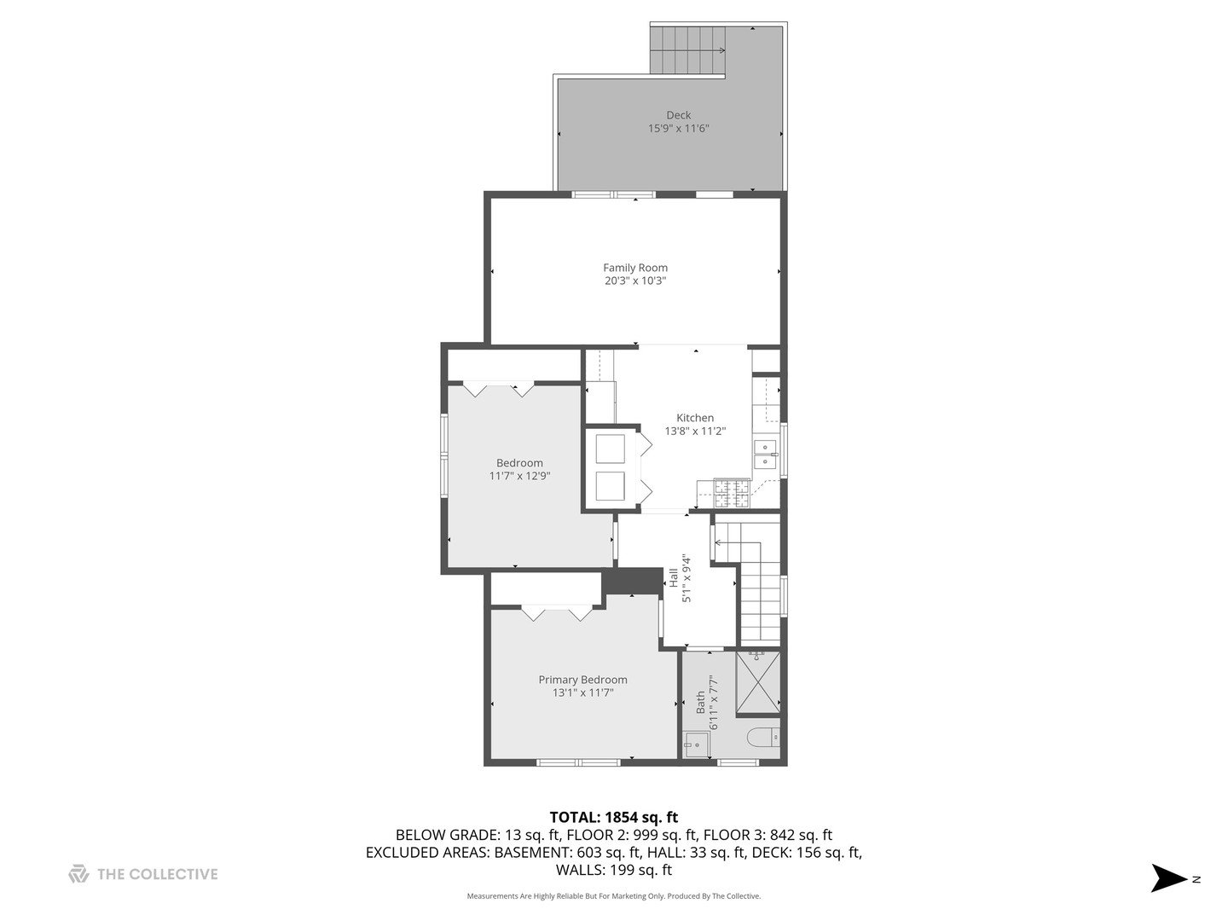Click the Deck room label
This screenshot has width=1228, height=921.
[678, 115]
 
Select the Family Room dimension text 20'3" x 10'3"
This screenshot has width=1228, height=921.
[635, 281]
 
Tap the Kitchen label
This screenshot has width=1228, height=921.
[695, 418]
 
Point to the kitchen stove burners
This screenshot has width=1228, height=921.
[732, 493]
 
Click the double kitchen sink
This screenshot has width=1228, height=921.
[765, 454]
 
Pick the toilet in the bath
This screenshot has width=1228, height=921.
[763, 737]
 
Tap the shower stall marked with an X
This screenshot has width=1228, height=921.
[757, 683]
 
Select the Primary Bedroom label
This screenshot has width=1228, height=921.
[582, 680]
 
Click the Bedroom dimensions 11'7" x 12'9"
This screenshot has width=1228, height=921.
[519, 476]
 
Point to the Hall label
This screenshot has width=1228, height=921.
[674, 577]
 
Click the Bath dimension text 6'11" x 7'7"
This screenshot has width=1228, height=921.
[713, 703]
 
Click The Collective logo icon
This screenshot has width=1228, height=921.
[79, 873]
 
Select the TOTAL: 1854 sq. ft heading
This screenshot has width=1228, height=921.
[614, 817]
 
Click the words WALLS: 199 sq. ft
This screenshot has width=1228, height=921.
[614, 870]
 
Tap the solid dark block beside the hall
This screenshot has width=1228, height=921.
[632, 582]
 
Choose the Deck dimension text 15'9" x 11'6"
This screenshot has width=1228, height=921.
[678, 129]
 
